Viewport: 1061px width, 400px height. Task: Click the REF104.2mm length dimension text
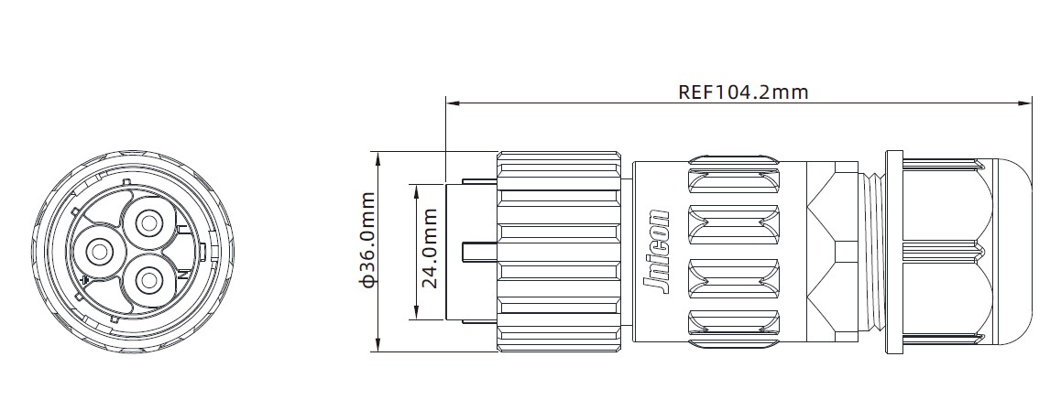pos(743,92)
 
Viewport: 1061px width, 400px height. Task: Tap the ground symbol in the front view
pos(85,279)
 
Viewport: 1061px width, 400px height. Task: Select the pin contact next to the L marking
pos(148,222)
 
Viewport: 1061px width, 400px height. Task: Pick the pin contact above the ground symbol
pos(97,249)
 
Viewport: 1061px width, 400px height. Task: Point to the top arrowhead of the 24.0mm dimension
pos(417,188)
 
